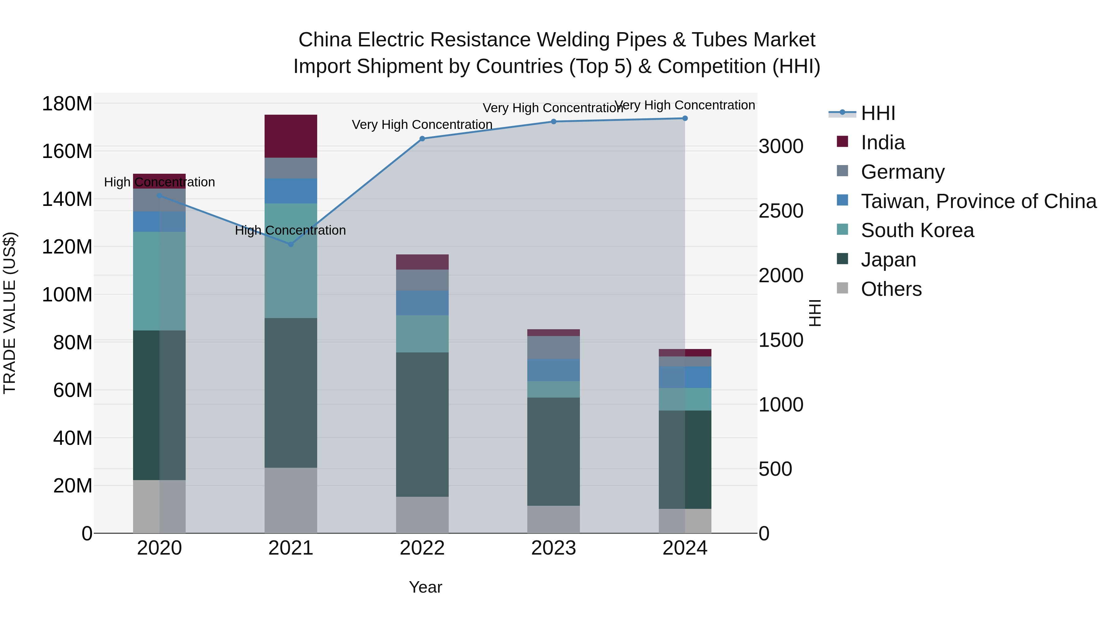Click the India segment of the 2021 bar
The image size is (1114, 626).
click(x=291, y=136)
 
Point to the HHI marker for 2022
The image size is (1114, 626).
click(x=422, y=139)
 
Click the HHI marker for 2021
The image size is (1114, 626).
click(x=291, y=244)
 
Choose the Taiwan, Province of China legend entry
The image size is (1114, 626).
click(x=978, y=201)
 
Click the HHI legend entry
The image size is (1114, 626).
click(x=878, y=113)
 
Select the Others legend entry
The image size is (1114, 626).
click(x=891, y=289)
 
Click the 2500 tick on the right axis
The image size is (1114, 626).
click(x=781, y=211)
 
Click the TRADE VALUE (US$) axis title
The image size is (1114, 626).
click(x=10, y=313)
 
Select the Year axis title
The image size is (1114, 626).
click(x=425, y=587)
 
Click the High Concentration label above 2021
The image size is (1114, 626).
click(x=290, y=230)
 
